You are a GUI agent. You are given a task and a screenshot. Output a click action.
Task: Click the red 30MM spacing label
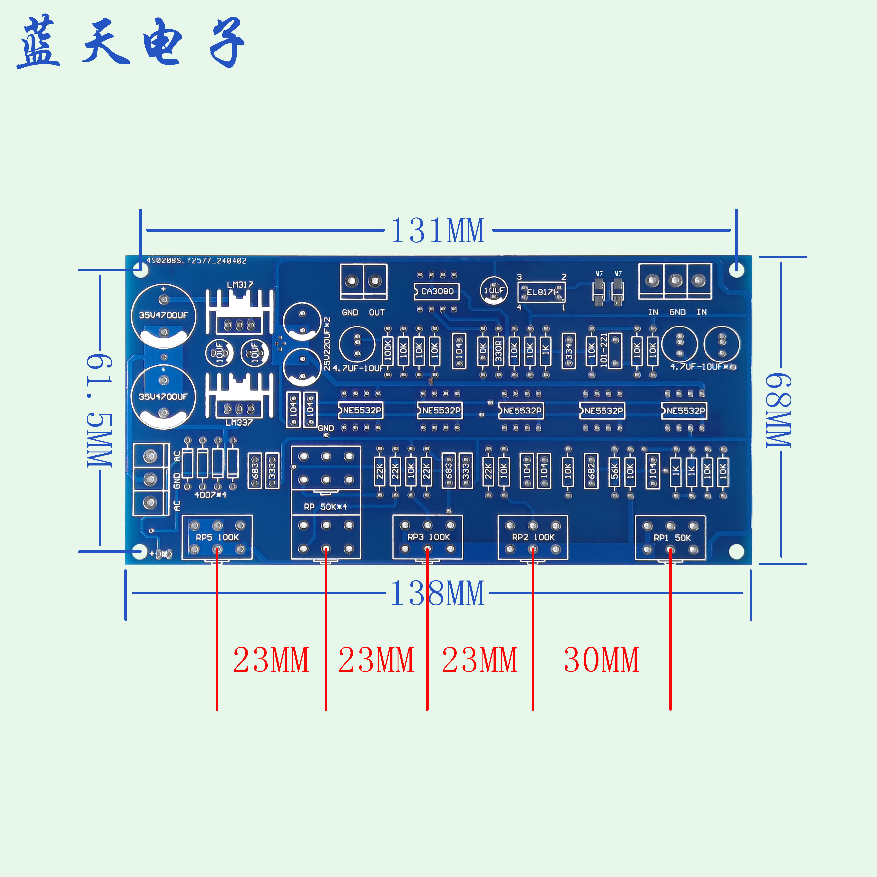[x=601, y=660]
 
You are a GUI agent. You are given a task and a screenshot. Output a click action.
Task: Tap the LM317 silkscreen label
[x=240, y=285]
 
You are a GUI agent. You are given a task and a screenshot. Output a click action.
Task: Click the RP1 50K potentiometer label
[x=672, y=537]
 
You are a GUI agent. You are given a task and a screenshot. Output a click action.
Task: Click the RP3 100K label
[x=429, y=537]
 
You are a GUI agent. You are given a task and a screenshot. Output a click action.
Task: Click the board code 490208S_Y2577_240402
[x=196, y=260]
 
